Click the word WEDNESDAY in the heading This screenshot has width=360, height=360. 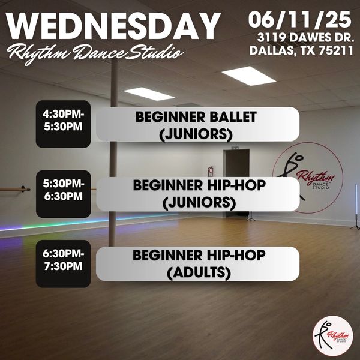113,26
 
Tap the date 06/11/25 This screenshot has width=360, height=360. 299,20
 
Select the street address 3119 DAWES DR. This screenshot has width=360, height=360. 305,38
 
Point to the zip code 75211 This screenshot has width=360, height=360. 336,50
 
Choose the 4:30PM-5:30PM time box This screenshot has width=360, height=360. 63,124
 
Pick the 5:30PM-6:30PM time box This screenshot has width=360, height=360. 64,194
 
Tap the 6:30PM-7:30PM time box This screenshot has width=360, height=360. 63,264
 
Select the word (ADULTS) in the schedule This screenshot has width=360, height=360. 199,273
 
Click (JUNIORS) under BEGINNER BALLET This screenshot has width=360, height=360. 196,134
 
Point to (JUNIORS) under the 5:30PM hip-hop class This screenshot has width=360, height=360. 199,203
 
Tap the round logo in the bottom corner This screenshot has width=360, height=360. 333,335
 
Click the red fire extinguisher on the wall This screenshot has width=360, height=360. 210,171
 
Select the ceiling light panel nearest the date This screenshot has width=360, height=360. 248,76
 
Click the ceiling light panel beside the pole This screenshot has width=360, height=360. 149,94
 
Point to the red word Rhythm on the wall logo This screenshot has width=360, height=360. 316,177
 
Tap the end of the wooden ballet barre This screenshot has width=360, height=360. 28,190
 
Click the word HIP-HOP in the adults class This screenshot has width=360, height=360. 236,255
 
